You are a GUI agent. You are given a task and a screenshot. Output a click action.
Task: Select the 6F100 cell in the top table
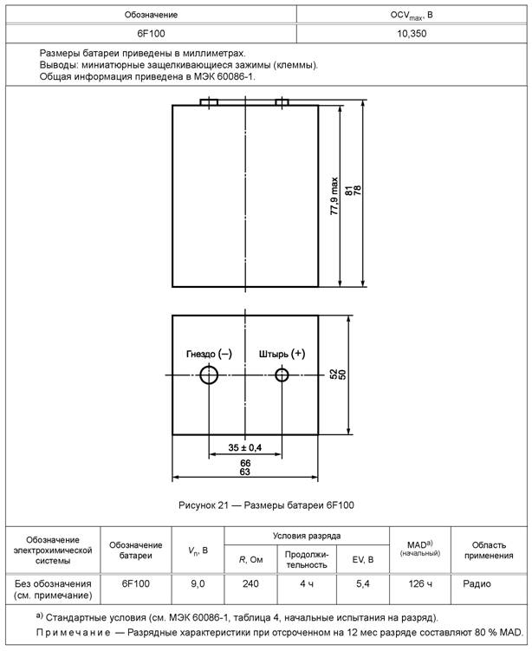click(152, 33)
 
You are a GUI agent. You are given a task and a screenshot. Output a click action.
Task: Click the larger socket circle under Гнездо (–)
click(210, 374)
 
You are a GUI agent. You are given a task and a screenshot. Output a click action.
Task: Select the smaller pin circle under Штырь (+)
click(282, 374)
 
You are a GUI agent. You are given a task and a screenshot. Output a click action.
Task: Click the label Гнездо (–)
click(209, 354)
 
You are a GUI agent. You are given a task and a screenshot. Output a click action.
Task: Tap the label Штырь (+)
click(282, 354)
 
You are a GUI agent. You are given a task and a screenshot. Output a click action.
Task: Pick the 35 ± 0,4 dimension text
click(245, 447)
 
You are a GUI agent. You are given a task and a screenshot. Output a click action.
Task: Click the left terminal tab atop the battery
click(209, 102)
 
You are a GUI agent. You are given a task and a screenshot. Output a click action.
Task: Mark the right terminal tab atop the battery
click(282, 102)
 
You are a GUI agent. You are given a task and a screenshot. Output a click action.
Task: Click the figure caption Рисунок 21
click(265, 505)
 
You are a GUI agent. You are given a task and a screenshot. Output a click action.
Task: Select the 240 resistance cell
click(250, 584)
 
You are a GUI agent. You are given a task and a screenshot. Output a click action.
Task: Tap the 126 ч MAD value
click(419, 584)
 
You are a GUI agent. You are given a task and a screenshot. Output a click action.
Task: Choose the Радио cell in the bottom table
click(477, 584)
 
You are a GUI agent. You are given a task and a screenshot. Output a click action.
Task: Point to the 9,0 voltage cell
click(198, 584)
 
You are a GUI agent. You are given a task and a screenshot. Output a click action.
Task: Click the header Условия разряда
click(306, 536)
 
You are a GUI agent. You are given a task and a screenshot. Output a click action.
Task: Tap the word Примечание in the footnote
click(72, 634)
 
